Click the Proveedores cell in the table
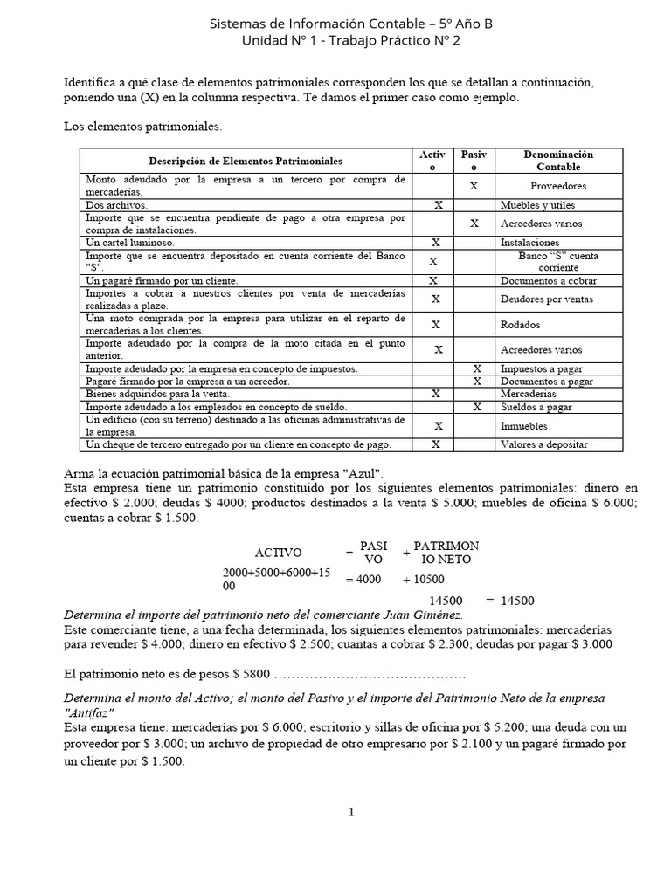(557, 186)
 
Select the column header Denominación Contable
(557, 161)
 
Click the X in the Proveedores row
(474, 186)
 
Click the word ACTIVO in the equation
(278, 553)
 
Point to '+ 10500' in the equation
(424, 579)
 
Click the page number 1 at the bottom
(351, 813)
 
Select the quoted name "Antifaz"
(90, 712)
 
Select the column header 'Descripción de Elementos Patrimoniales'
(246, 161)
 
